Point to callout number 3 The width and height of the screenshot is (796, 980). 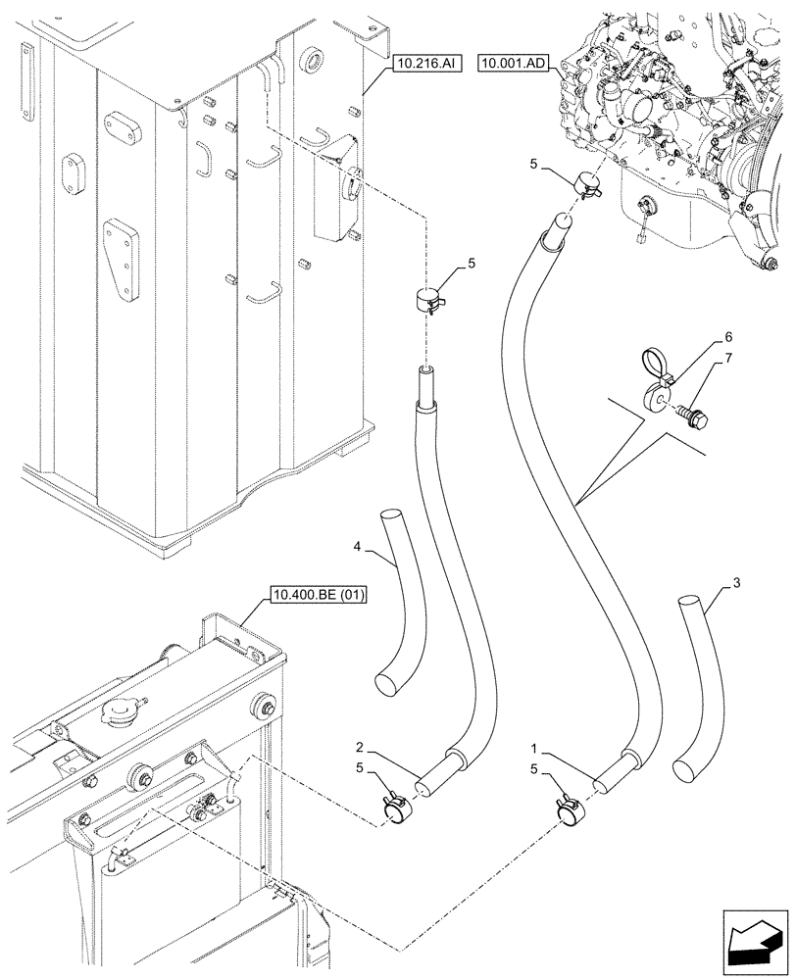coord(736,585)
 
